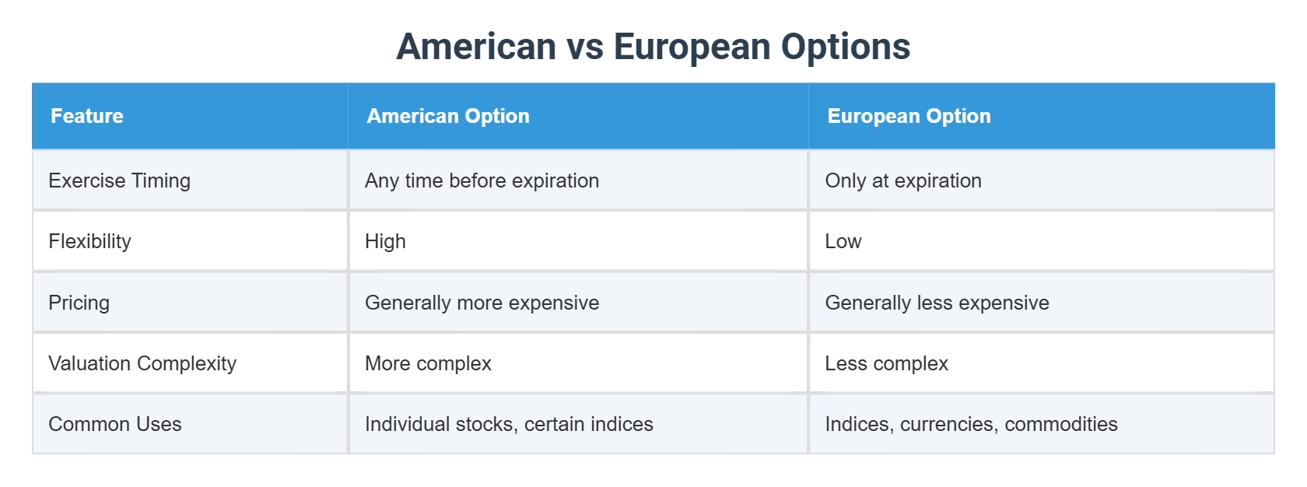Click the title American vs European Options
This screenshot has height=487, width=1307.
coord(653,47)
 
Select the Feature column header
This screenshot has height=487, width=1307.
coord(87,116)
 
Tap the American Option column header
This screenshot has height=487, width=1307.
coord(448,116)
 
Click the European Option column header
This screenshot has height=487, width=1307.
coord(909,116)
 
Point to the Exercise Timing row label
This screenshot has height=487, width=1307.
coord(119,180)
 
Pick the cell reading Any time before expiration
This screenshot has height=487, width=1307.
coord(482,180)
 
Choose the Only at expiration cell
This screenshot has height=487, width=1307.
coord(902,180)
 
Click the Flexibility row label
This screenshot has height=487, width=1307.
coord(89,241)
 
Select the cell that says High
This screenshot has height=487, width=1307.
coord(385,241)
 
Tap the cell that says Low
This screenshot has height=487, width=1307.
coord(843,241)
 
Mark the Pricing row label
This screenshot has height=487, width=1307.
coord(79,303)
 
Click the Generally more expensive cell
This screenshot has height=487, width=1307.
coord(482,303)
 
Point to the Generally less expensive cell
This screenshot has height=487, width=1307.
coord(937,303)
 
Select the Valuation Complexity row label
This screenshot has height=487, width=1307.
coord(142,363)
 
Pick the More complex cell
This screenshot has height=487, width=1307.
coord(428,363)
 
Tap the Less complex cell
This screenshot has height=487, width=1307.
coord(886,363)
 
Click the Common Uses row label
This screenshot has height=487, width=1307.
coord(114,424)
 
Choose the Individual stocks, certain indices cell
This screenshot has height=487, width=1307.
coord(509,424)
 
